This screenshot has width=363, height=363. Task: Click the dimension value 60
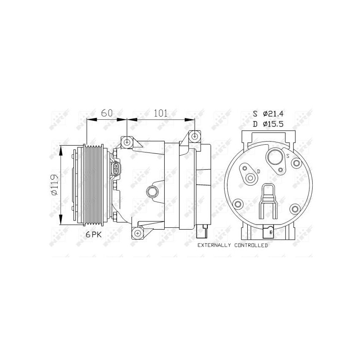(x=107, y=113)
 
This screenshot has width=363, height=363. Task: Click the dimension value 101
(x=161, y=113)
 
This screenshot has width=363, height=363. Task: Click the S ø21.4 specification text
(x=268, y=114)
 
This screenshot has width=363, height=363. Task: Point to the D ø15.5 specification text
(x=268, y=124)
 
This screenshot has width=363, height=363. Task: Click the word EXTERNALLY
(x=214, y=245)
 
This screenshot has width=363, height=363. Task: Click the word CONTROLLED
(x=251, y=245)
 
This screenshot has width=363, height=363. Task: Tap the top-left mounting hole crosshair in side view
(x=127, y=142)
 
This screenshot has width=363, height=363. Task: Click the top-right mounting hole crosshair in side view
(x=195, y=137)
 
